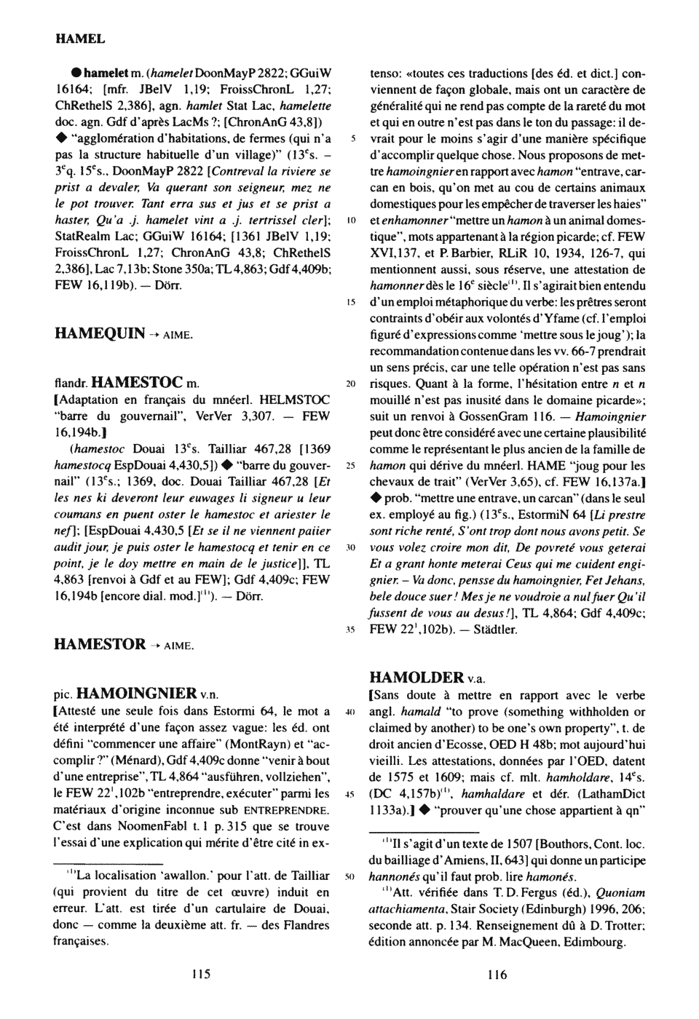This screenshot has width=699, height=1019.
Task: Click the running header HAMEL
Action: pyautogui.click(x=80, y=38)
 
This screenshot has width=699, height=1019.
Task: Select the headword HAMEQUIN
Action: pyautogui.click(x=100, y=333)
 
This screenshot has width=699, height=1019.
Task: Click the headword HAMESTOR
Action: pyautogui.click(x=100, y=643)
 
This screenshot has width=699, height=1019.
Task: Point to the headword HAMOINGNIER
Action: pyautogui.click(x=137, y=692)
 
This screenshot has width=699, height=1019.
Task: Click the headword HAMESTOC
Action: pyautogui.click(x=140, y=381)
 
